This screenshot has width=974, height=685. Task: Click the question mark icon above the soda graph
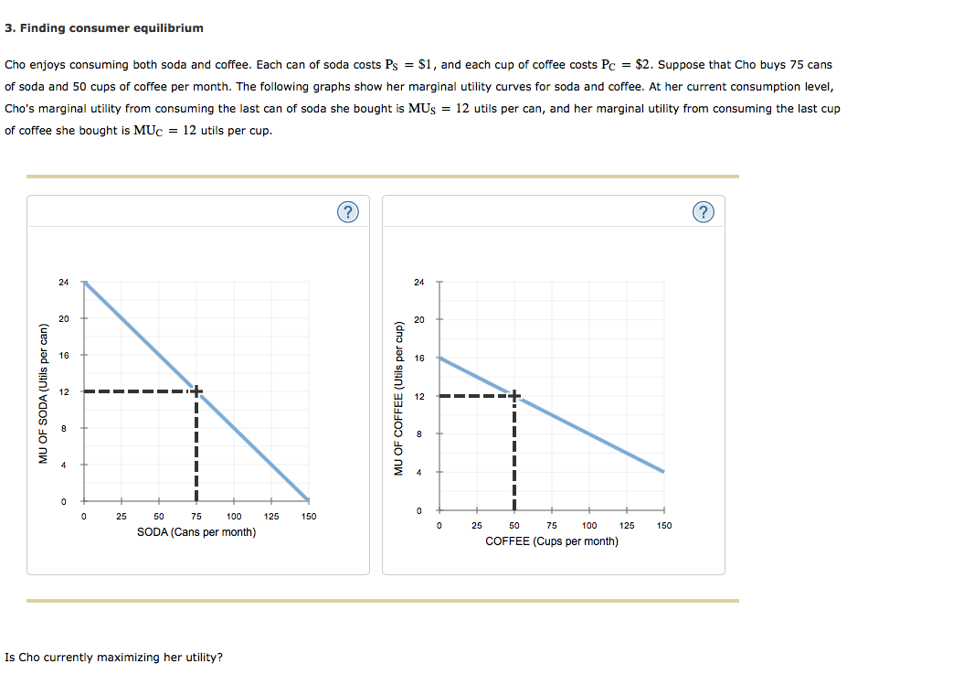(x=347, y=213)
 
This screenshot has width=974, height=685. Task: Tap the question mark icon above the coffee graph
(x=702, y=213)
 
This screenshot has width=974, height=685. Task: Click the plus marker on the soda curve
(x=196, y=391)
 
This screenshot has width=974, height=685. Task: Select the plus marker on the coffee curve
(x=514, y=396)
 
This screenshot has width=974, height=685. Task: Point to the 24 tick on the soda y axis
(x=63, y=282)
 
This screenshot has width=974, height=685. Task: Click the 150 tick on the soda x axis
(x=308, y=517)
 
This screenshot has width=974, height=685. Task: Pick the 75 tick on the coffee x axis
(x=552, y=526)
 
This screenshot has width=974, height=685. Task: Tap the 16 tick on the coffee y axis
(x=419, y=359)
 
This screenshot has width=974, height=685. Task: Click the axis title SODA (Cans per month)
(x=196, y=532)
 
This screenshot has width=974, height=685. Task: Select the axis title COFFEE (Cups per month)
(x=551, y=541)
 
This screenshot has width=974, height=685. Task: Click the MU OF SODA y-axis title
(x=42, y=393)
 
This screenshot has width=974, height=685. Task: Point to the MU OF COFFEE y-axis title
(x=398, y=398)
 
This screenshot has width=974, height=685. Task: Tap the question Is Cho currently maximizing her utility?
(x=113, y=658)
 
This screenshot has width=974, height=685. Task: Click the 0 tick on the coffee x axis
(x=439, y=526)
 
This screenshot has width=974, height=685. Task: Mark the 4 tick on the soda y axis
(x=63, y=465)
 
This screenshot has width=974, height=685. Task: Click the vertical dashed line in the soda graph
(x=196, y=448)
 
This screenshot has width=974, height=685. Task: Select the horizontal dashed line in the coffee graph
(x=475, y=396)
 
